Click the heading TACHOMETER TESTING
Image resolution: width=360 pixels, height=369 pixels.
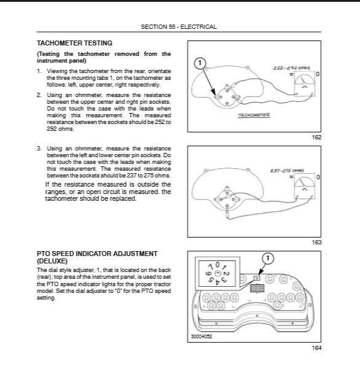click(x=74, y=44)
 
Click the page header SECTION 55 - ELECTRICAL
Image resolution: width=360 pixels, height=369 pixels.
click(x=179, y=27)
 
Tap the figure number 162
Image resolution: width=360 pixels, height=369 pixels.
click(x=316, y=138)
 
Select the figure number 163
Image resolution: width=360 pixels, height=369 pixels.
click(x=316, y=243)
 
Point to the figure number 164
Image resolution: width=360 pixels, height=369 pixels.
click(x=316, y=348)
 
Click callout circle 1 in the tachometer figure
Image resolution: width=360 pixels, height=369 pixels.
click(x=200, y=63)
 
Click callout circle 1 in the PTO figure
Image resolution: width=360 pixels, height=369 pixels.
click(x=268, y=258)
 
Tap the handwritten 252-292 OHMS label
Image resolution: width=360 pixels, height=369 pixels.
click(x=291, y=68)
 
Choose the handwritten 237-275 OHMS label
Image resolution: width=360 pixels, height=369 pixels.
click(x=287, y=171)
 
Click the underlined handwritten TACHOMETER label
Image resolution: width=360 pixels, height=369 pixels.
click(x=254, y=115)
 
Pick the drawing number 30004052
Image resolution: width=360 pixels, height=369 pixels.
click(x=202, y=336)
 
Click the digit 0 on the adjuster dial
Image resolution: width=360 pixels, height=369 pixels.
click(x=217, y=265)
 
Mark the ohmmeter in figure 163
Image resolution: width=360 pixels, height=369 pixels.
click(x=305, y=186)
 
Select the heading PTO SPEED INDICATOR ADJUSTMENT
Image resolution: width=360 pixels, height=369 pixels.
click(x=97, y=254)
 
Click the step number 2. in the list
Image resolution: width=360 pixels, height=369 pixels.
click(x=39, y=95)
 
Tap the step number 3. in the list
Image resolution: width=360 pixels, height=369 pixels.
click(x=39, y=149)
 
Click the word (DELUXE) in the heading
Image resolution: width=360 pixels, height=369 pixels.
click(x=52, y=261)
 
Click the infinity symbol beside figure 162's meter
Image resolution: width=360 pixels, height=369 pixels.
click(x=291, y=74)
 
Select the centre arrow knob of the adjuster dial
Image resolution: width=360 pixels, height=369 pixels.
click(x=218, y=273)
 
